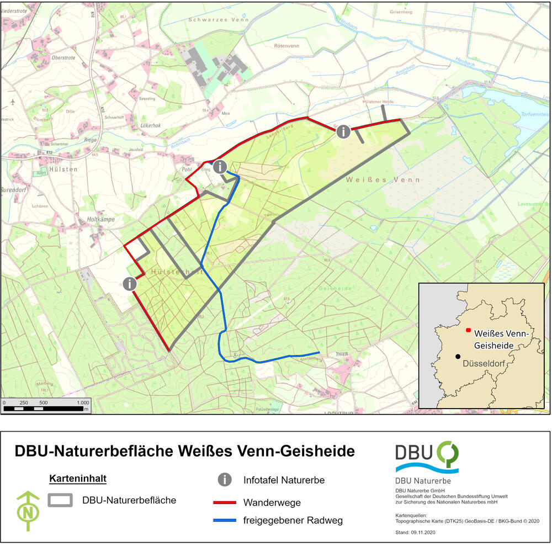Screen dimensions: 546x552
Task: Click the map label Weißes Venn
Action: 383,180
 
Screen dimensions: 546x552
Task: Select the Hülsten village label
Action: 62,169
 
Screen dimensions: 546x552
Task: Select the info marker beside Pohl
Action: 220,166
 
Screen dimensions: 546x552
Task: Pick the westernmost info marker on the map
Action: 130,284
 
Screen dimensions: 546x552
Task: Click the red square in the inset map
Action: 468,330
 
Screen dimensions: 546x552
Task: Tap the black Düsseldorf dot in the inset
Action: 458,357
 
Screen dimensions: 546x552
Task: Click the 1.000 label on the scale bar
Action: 82,402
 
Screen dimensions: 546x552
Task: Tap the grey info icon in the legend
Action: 225,480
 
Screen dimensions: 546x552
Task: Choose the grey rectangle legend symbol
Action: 61,500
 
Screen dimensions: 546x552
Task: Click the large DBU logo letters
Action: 415,453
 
